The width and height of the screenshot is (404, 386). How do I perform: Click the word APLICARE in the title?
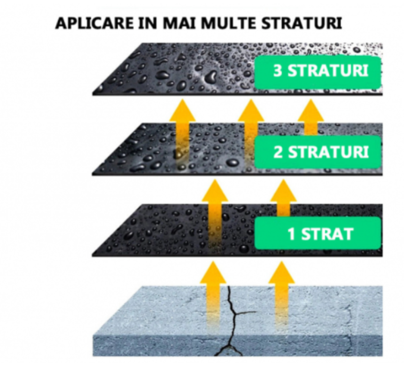94,23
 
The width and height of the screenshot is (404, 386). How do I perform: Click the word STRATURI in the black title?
302,23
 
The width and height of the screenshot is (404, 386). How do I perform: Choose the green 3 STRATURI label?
318,73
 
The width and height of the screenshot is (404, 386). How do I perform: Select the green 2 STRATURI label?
318,152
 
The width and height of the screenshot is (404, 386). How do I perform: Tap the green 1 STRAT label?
318,233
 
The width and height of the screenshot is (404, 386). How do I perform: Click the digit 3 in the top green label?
278,70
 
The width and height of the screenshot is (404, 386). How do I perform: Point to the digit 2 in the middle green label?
278,151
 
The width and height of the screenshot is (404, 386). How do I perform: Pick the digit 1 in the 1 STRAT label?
291,234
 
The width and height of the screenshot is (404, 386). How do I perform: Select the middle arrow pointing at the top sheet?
251,133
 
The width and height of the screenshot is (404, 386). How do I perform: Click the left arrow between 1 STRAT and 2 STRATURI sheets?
215,214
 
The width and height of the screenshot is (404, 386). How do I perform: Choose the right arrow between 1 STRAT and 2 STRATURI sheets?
283,198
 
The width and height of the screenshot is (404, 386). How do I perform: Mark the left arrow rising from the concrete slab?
213,297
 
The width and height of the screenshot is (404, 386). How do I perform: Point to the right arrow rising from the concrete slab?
281,297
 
